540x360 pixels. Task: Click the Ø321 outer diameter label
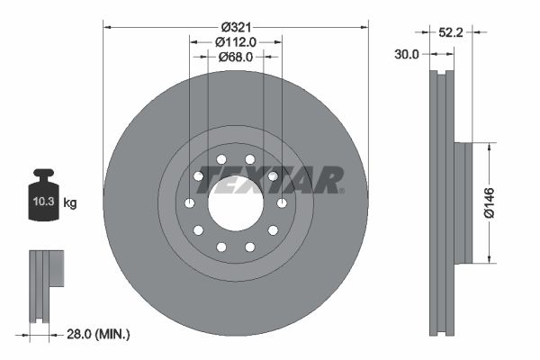(236, 25)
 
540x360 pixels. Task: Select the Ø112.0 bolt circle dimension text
(236, 40)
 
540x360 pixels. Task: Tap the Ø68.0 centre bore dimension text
(236, 56)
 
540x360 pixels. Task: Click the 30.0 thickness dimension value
(408, 54)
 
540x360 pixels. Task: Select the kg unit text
(70, 203)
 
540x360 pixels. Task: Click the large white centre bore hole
(236, 203)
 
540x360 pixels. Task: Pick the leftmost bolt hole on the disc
(189, 203)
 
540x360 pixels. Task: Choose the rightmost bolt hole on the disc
(282, 203)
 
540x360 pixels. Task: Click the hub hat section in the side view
(463, 203)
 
